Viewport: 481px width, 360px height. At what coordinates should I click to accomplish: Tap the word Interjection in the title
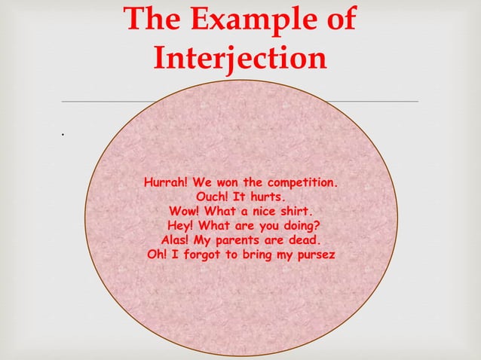point(240,59)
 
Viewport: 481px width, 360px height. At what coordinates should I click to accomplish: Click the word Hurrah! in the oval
point(167,183)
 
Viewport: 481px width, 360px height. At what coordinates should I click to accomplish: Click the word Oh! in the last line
point(158,255)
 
